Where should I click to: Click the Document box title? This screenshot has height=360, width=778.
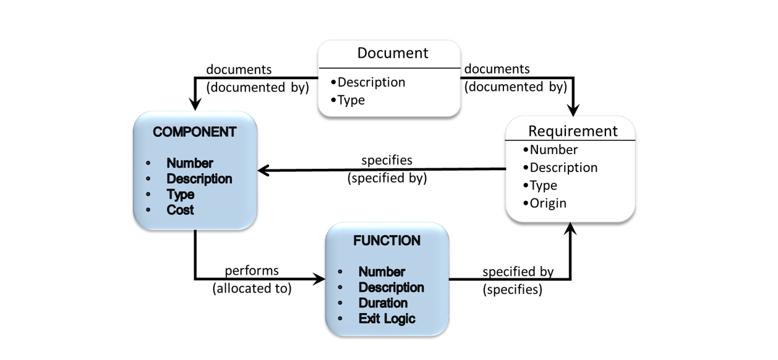(x=392, y=53)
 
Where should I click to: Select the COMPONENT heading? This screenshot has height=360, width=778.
(x=194, y=132)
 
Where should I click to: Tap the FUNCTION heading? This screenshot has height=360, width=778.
(x=387, y=241)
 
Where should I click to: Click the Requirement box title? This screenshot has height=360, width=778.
(x=572, y=131)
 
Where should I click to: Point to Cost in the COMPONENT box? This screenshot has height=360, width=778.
(x=180, y=210)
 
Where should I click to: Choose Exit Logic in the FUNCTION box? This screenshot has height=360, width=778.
(x=387, y=319)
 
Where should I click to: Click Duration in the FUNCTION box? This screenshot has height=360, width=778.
(x=383, y=303)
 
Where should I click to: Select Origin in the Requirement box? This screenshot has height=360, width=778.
(x=547, y=203)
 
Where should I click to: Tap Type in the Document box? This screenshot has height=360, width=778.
(x=351, y=100)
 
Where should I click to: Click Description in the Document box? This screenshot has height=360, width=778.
(x=371, y=82)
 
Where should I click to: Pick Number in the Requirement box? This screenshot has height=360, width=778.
(x=553, y=150)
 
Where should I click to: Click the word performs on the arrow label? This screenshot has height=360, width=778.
(x=252, y=271)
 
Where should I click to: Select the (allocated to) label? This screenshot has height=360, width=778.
(x=252, y=288)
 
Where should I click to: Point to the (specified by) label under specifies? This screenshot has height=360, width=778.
(x=387, y=178)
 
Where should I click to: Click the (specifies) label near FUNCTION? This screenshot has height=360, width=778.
(x=512, y=289)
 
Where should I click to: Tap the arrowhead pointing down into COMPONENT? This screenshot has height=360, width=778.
(x=195, y=105)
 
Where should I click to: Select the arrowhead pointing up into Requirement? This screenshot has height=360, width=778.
(x=570, y=228)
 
